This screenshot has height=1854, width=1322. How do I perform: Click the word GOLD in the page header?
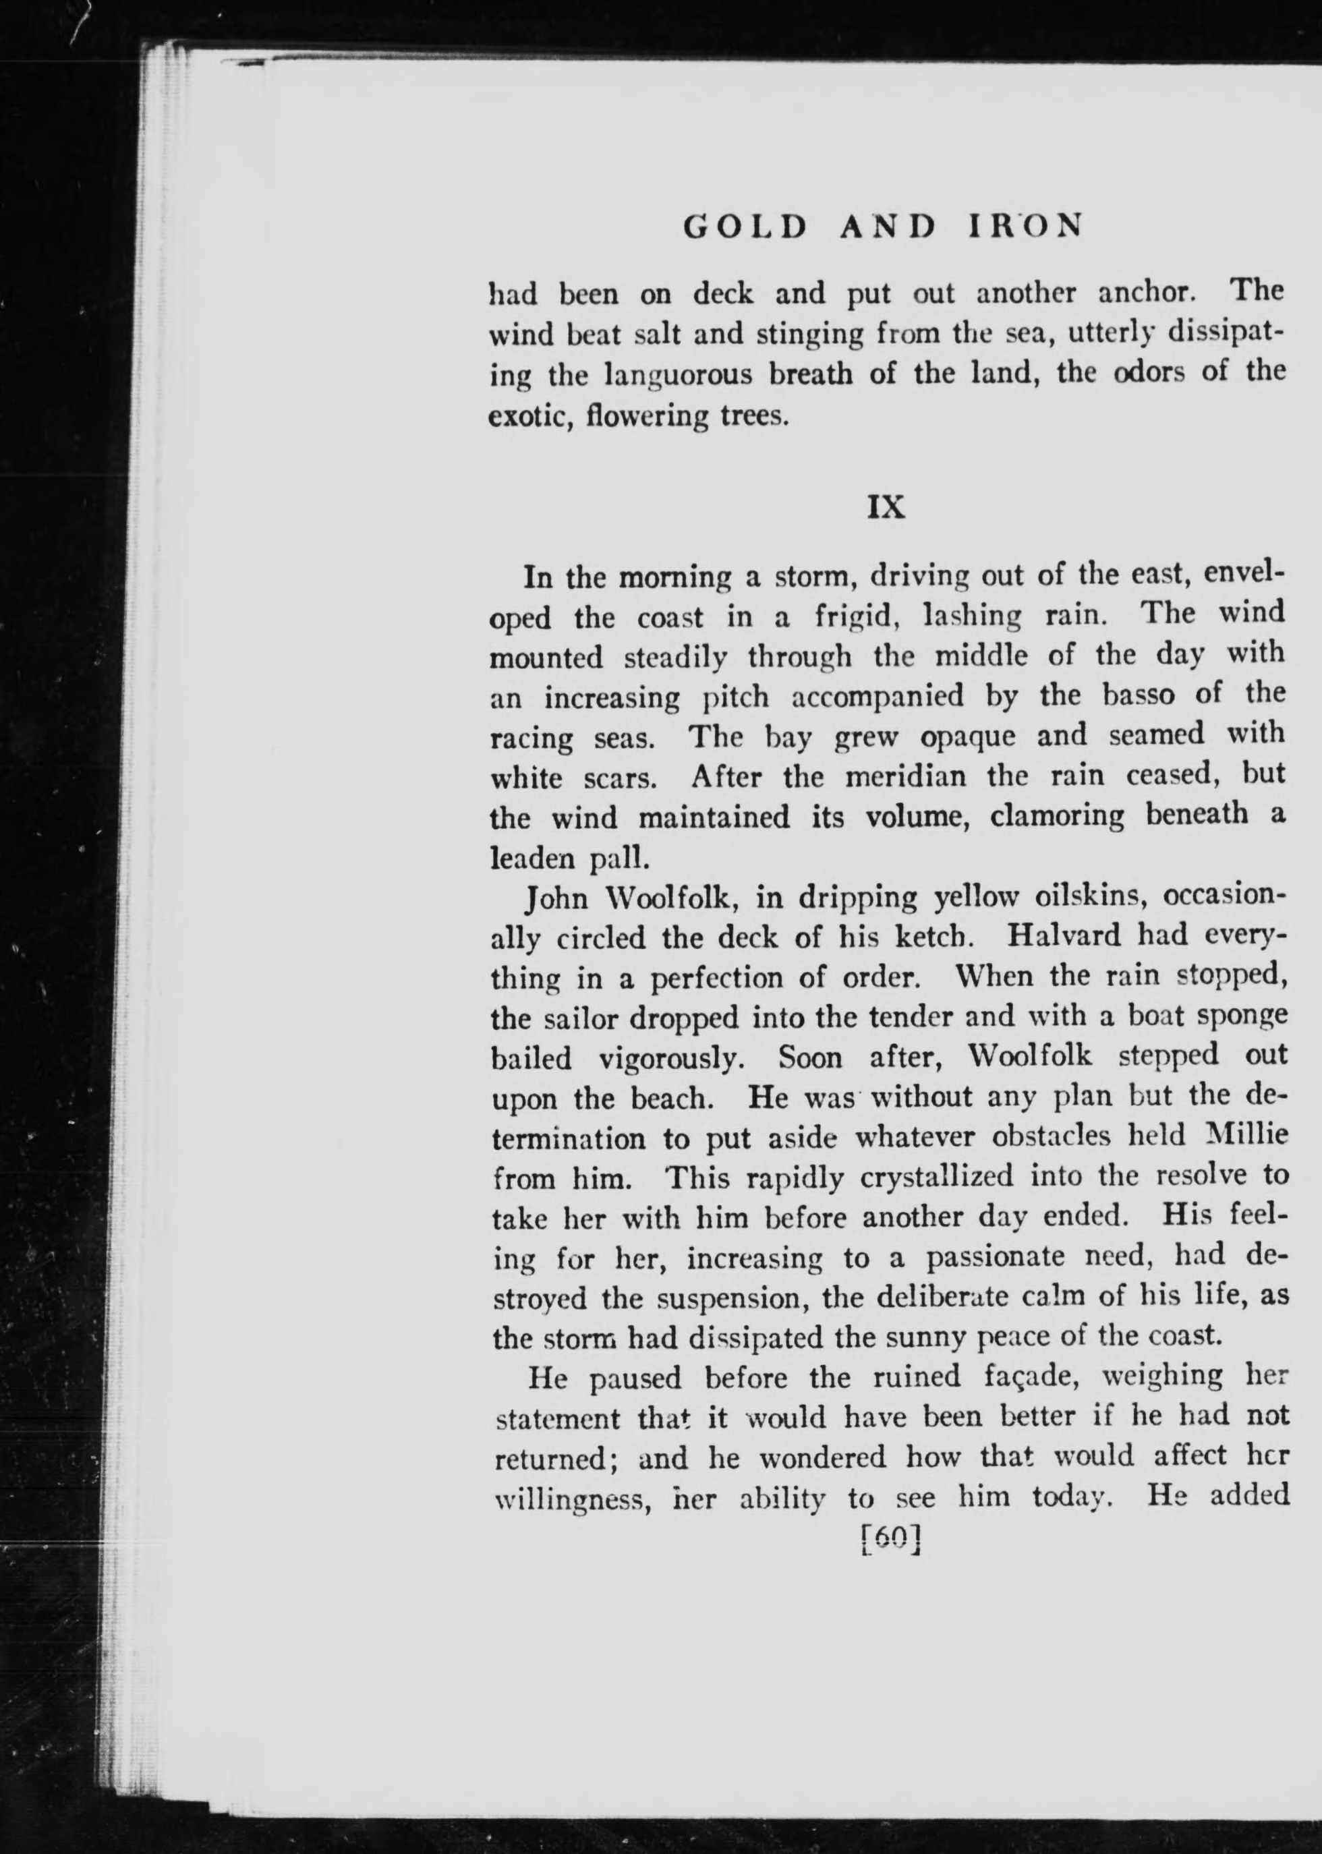point(745,225)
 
